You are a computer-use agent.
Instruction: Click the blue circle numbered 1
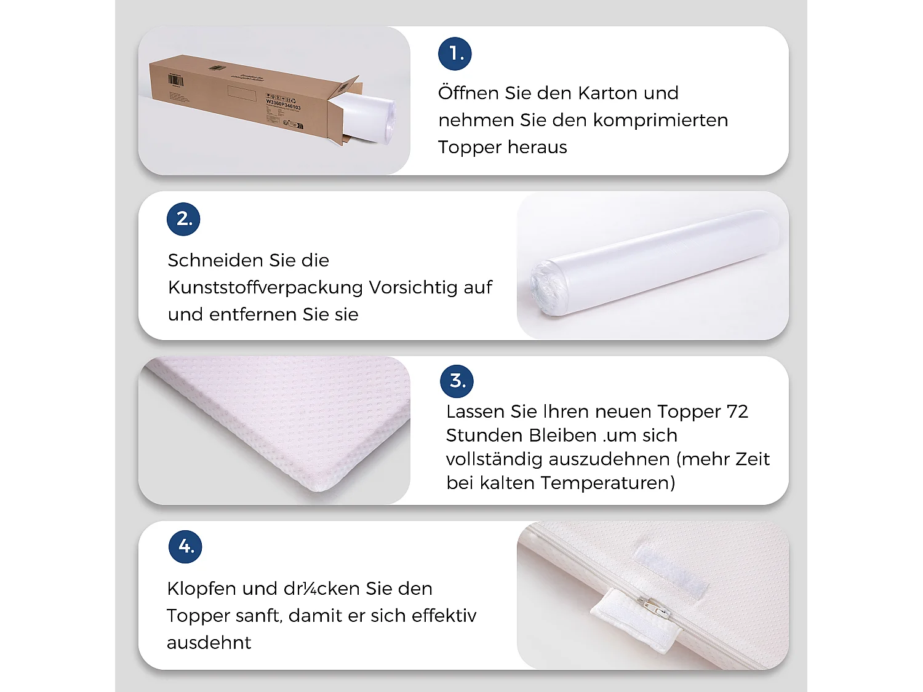[455, 54]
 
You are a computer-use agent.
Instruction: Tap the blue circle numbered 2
[183, 219]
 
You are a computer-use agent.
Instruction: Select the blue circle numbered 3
[457, 381]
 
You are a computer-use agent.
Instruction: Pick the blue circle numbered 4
[185, 546]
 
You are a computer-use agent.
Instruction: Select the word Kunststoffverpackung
[265, 287]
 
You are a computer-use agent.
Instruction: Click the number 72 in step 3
[737, 412]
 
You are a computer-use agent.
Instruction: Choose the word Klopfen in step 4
[201, 589]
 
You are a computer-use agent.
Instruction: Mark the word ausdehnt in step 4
[209, 643]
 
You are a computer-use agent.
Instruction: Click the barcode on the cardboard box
[175, 81]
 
